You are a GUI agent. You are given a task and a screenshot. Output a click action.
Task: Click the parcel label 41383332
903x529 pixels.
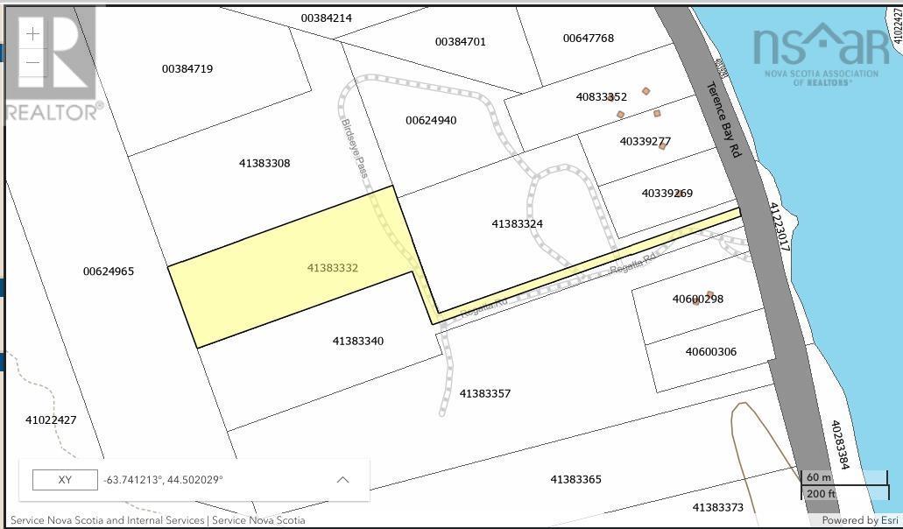pyautogui.click(x=333, y=268)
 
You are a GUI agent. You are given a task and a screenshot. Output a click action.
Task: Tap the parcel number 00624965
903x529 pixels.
pyautogui.click(x=109, y=272)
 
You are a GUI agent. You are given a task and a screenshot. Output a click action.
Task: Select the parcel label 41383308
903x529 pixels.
pyautogui.click(x=265, y=164)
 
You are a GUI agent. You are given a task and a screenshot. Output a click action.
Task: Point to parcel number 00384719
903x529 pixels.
pyautogui.click(x=187, y=69)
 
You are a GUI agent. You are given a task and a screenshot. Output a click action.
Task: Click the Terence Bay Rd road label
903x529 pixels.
pyautogui.click(x=724, y=120)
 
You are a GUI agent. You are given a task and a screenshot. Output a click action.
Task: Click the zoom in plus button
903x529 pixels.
pyautogui.click(x=32, y=34)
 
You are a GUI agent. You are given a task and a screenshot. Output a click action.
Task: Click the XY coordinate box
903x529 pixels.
pyautogui.click(x=64, y=480)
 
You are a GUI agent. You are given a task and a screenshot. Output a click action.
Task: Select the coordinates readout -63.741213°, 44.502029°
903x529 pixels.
pyautogui.click(x=163, y=480)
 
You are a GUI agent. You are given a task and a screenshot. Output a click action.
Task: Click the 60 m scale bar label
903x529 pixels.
pyautogui.click(x=819, y=477)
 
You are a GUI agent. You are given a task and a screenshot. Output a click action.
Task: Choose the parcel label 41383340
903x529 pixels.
pyautogui.click(x=358, y=342)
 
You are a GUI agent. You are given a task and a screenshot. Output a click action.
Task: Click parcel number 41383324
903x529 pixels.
pyautogui.click(x=518, y=224)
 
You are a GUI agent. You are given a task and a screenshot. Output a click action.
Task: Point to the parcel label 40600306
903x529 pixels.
pyautogui.click(x=711, y=352)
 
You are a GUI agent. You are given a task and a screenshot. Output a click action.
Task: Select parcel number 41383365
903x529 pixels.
pyautogui.click(x=576, y=480)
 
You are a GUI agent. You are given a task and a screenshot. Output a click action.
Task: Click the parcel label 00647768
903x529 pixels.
pyautogui.click(x=589, y=39)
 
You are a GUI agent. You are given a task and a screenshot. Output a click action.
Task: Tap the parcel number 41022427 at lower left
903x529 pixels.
pyautogui.click(x=52, y=420)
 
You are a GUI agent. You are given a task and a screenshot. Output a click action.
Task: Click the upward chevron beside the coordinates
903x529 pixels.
pyautogui.click(x=343, y=480)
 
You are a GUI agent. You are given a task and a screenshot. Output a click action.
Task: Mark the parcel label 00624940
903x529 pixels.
pyautogui.click(x=431, y=121)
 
